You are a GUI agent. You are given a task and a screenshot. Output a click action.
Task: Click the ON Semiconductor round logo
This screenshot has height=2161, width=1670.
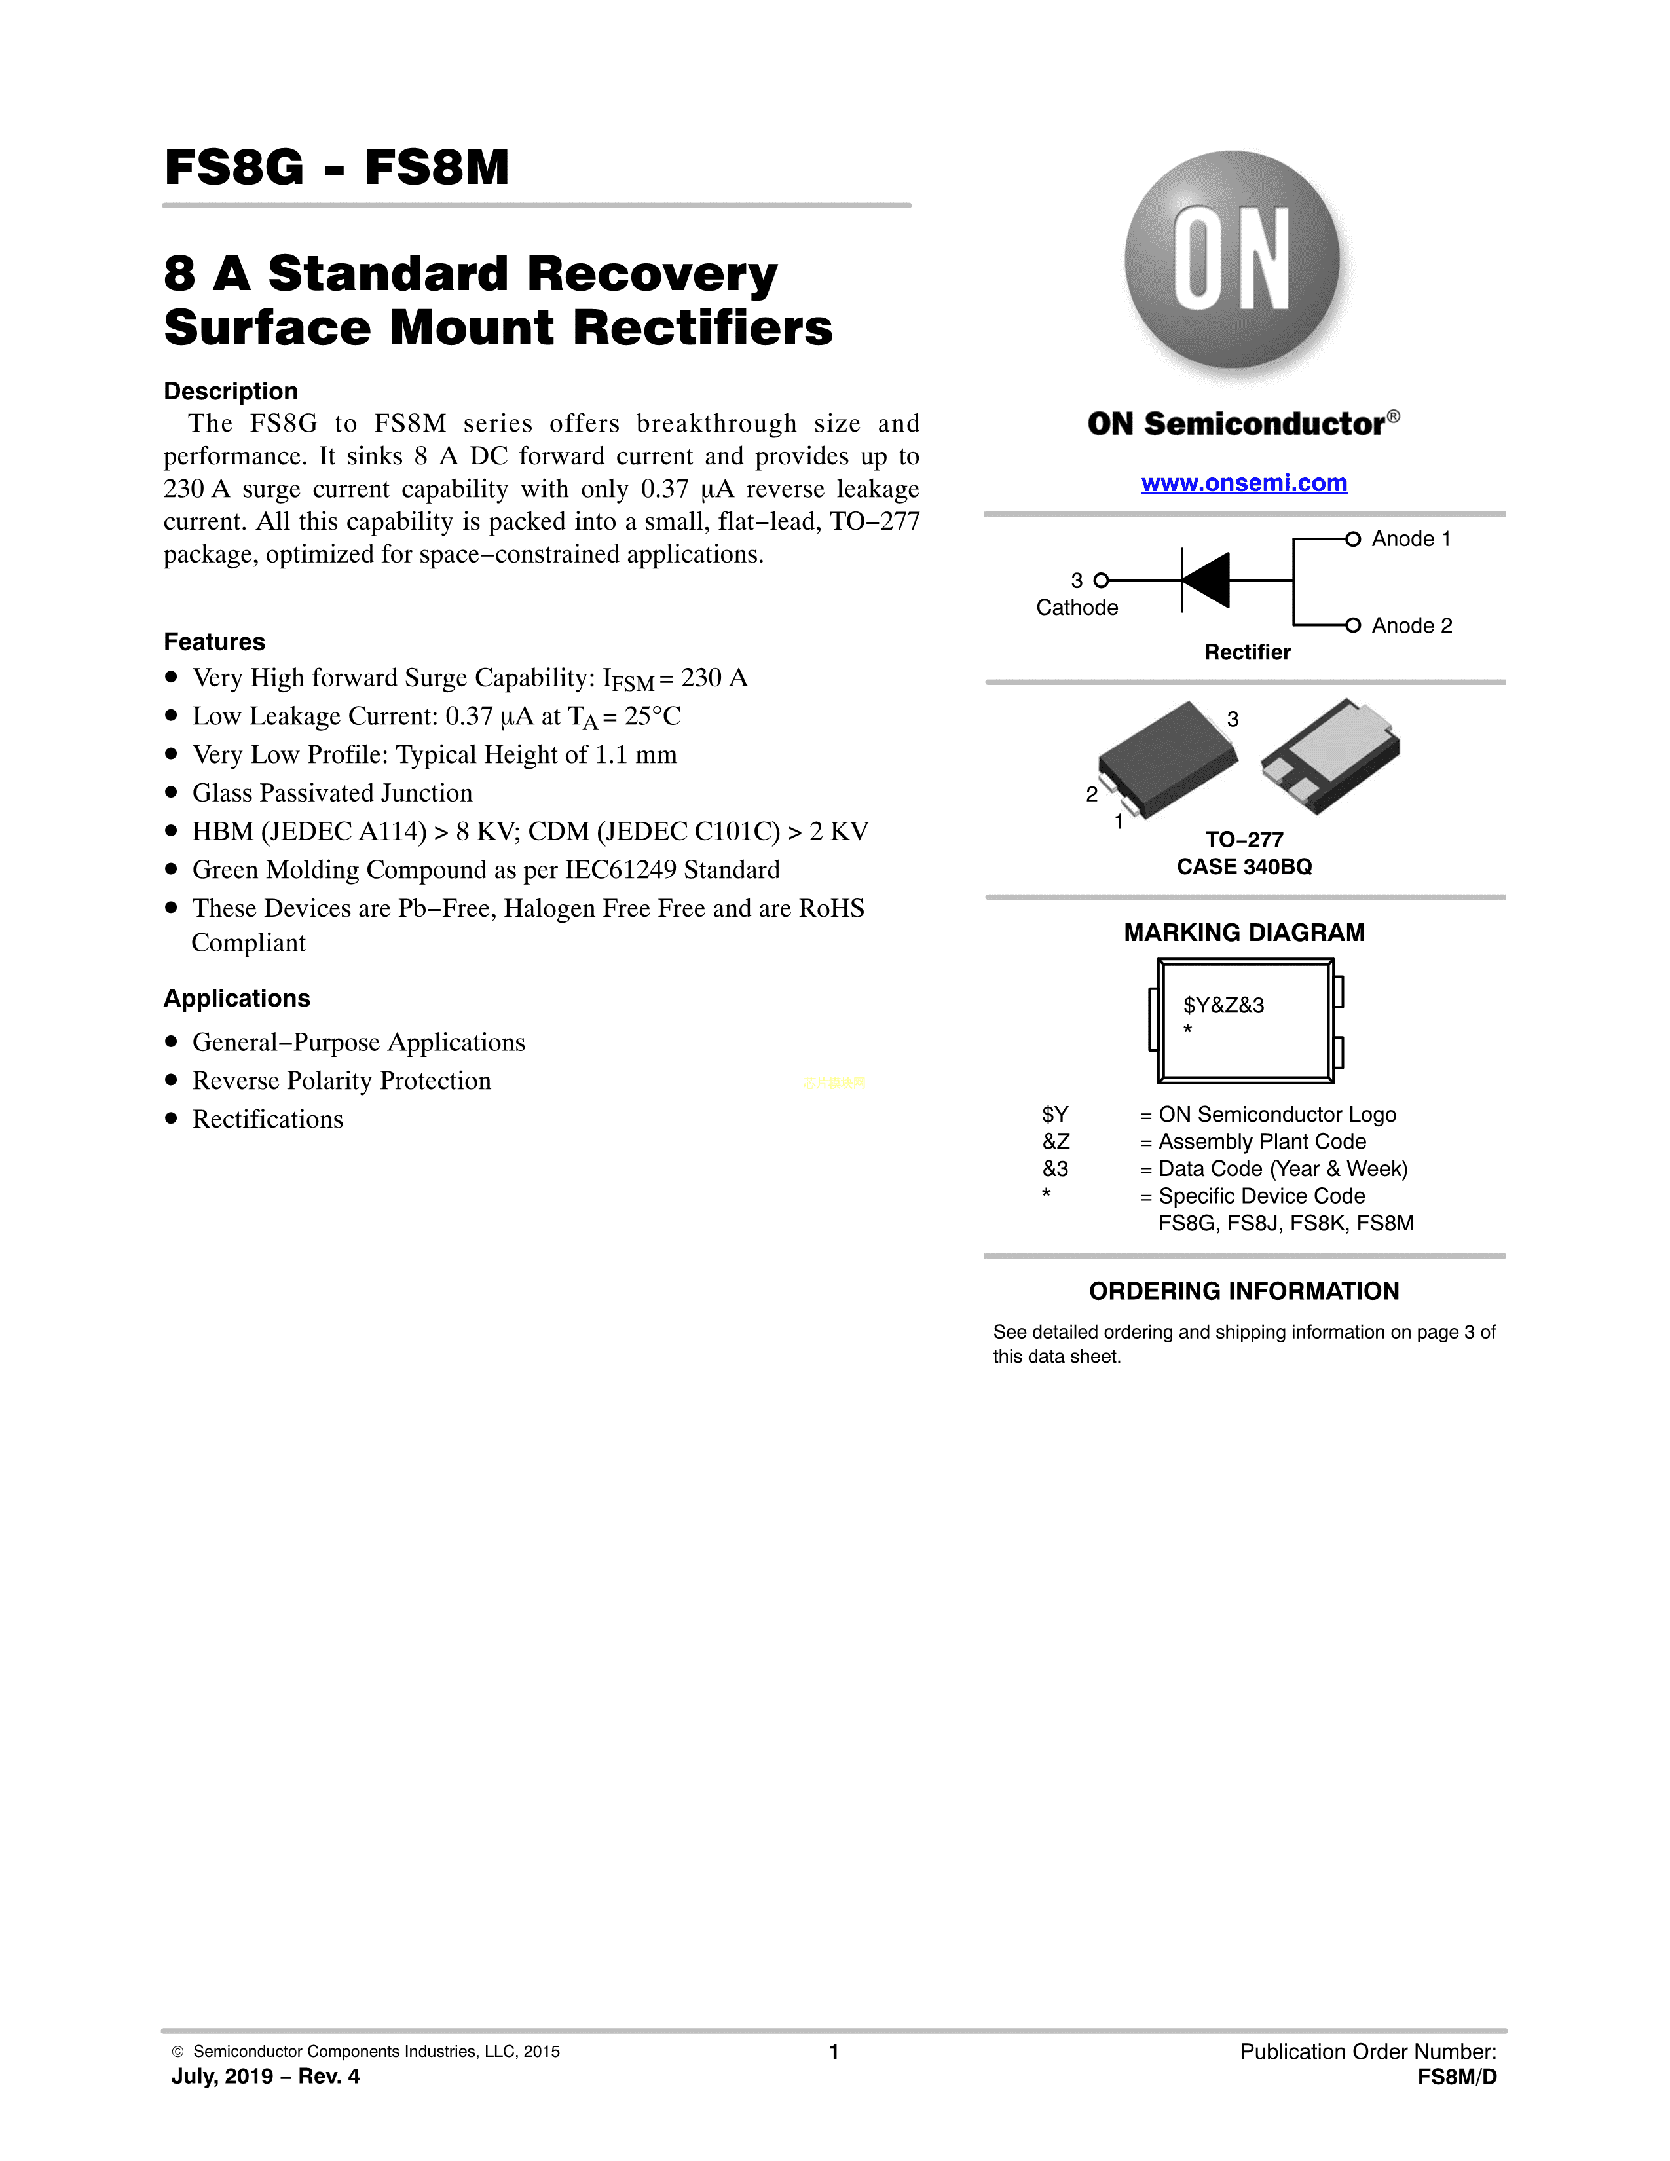click(1232, 259)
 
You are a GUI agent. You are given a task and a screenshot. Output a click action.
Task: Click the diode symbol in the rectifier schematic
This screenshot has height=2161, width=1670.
click(1206, 580)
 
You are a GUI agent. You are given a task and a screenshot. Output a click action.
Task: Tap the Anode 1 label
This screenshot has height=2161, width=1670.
click(1411, 539)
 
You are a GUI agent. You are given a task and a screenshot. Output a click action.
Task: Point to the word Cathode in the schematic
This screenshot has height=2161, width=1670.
click(1077, 608)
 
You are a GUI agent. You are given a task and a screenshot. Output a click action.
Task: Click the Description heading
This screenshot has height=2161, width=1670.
click(231, 391)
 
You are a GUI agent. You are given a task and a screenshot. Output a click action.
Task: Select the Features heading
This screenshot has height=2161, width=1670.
click(213, 642)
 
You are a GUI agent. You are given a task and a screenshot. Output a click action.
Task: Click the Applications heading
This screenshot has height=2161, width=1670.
click(236, 999)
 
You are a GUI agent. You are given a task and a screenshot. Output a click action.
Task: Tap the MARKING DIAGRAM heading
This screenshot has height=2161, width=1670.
click(1244, 933)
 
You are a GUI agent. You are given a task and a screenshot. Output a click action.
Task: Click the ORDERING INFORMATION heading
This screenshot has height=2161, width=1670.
click(1244, 1291)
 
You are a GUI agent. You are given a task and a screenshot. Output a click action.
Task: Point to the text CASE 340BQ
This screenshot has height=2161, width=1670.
click(1244, 867)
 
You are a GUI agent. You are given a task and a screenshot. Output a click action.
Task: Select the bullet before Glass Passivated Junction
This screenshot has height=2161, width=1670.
click(171, 792)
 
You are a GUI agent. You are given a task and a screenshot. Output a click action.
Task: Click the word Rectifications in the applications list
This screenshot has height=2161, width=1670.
click(267, 1119)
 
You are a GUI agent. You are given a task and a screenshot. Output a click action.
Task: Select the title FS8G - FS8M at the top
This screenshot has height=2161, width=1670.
click(337, 167)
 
